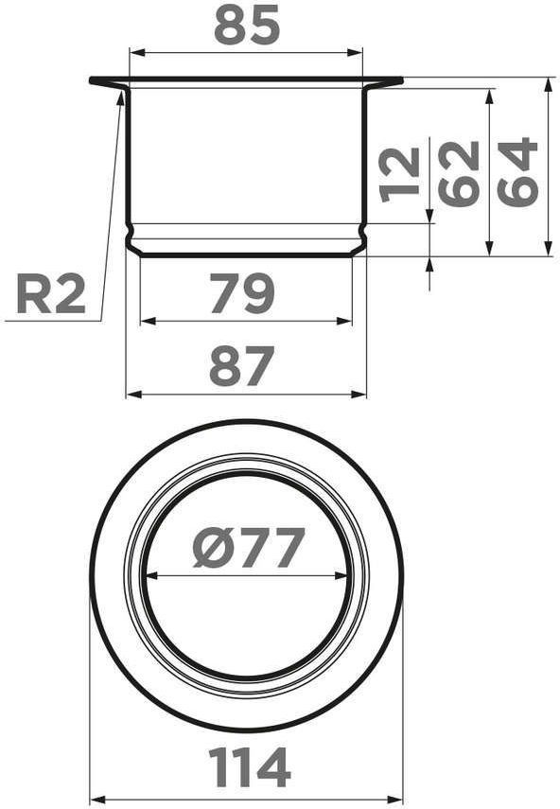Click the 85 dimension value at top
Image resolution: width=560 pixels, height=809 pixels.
[x=247, y=26]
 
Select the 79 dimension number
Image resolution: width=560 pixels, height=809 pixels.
[x=242, y=293]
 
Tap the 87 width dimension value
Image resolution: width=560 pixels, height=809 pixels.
[x=241, y=367]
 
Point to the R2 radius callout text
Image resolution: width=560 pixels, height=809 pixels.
[x=50, y=294]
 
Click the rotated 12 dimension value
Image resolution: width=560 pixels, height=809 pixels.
[x=399, y=173]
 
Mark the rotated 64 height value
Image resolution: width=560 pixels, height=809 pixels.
[x=517, y=169]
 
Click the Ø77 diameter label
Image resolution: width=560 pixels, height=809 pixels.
[x=249, y=548]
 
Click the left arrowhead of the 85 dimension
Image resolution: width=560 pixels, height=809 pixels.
[x=136, y=53]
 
